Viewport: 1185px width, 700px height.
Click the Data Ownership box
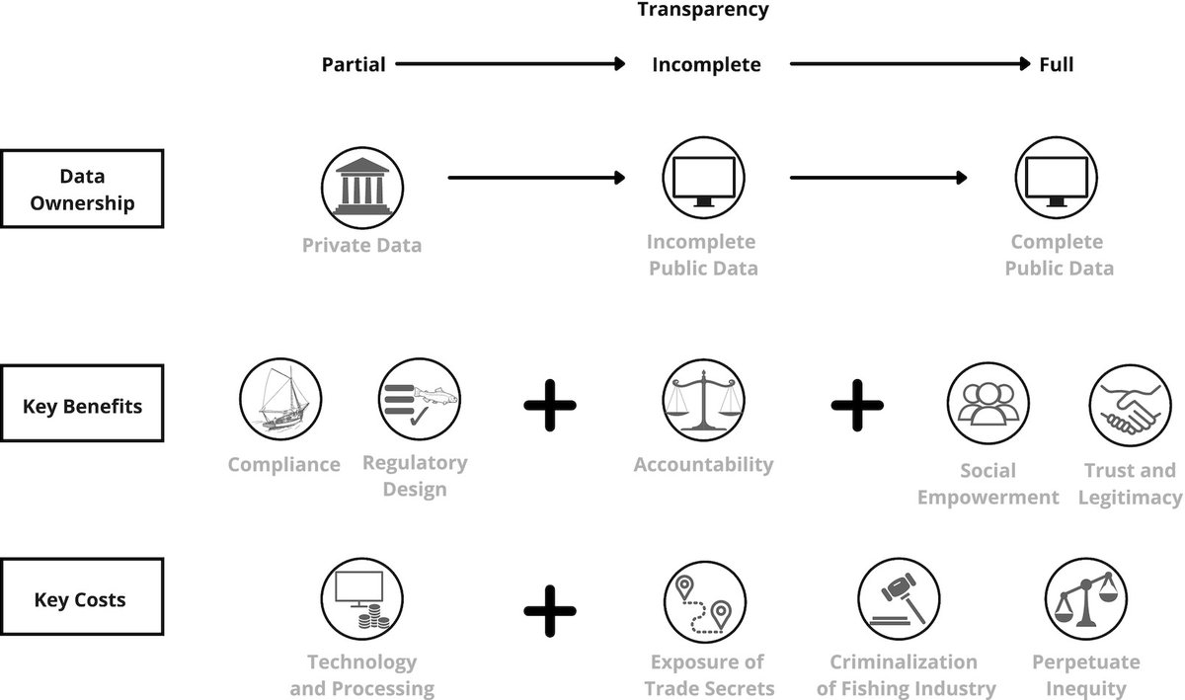[x=82, y=189]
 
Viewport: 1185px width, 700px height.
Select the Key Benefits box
[x=82, y=406]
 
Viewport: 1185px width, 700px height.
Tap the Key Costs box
[x=82, y=599]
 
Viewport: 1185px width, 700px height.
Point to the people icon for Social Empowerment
[x=987, y=406]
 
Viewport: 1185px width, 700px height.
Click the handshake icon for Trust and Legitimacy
[x=1130, y=408]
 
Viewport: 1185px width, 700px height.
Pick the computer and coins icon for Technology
[x=361, y=598]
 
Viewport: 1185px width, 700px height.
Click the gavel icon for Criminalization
[x=898, y=599]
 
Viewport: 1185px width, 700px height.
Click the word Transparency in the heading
[x=702, y=11]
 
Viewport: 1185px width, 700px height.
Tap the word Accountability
[x=703, y=464]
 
